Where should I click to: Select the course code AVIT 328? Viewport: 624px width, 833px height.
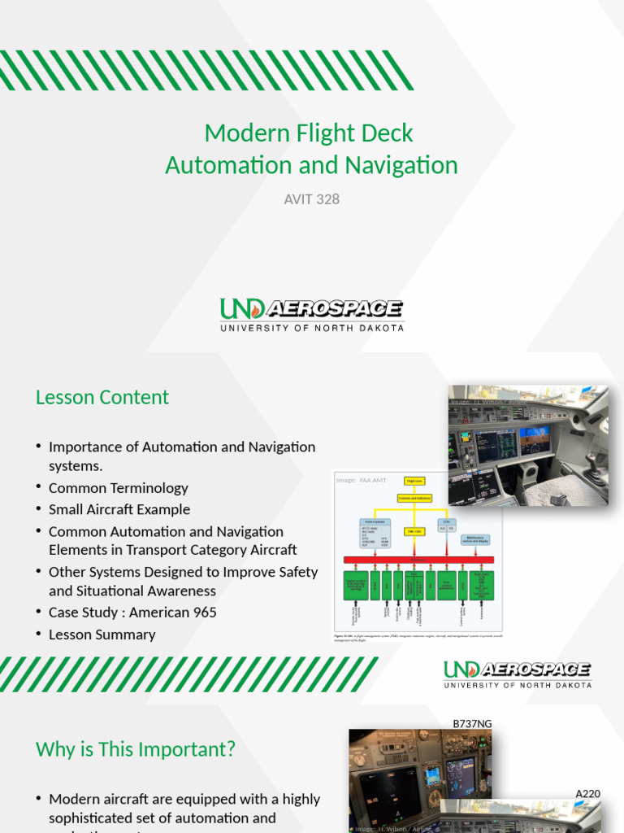coord(311,198)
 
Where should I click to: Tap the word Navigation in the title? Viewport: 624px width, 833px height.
coord(401,165)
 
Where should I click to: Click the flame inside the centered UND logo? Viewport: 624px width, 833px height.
coord(256,309)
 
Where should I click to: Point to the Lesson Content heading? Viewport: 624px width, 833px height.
coord(102,397)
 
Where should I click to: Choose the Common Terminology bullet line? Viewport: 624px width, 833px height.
coord(119,488)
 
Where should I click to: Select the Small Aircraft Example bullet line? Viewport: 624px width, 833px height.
coord(119,509)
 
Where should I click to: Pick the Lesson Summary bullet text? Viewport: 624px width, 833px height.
coord(102,635)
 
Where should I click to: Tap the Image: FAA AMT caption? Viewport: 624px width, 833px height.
coord(357,481)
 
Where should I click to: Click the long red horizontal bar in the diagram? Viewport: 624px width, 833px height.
coord(418,560)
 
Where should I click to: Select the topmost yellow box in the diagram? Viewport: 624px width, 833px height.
coord(414,482)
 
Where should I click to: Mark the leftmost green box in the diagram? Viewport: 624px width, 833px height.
coord(355,585)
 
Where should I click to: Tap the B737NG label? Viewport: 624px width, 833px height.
coord(472,723)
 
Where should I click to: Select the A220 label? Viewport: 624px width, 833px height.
coord(587,793)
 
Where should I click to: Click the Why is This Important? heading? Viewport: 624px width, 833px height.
coord(136,749)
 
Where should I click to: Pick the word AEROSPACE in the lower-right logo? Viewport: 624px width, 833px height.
coord(537,669)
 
